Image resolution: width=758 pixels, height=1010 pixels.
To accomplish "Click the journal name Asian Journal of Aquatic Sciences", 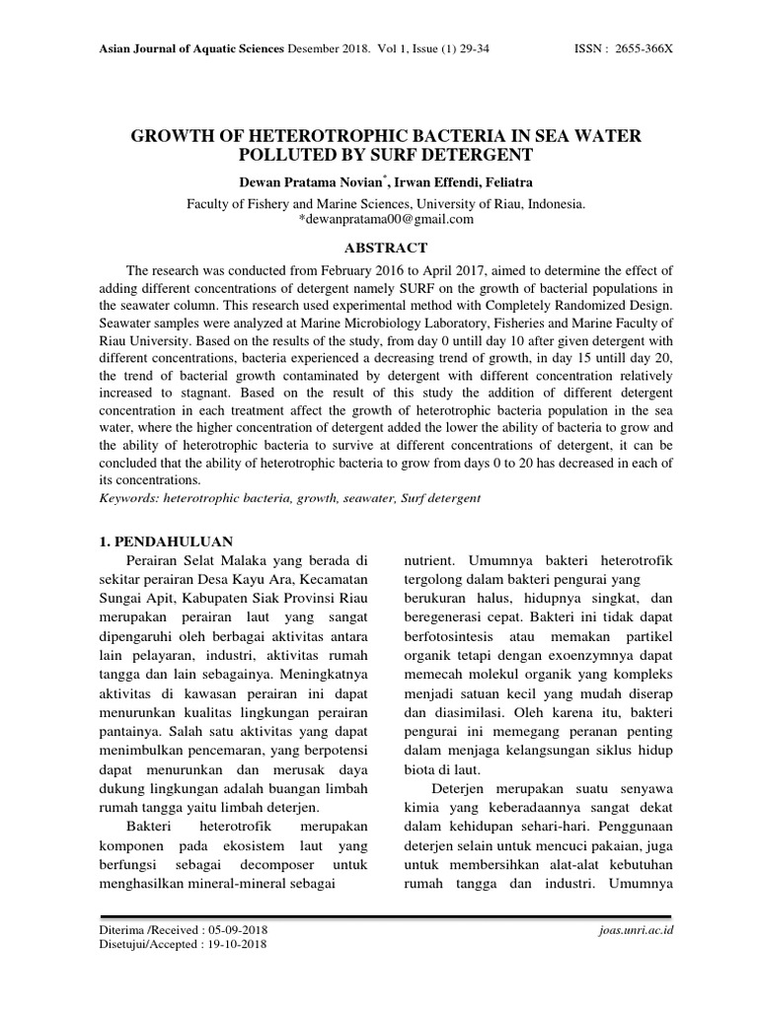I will pos(193,48).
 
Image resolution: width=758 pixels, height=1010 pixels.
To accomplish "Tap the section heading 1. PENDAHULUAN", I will pos(168,541).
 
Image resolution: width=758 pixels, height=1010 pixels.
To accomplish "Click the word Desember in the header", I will pos(315,48).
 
